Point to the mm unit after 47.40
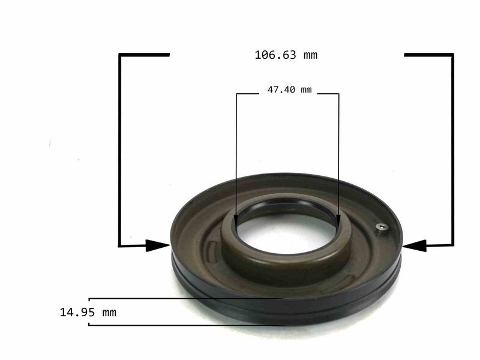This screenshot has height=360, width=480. click(305, 91)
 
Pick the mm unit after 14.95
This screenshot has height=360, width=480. click(109, 312)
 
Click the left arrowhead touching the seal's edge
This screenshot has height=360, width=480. click(158, 245)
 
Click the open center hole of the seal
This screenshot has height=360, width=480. click(287, 233)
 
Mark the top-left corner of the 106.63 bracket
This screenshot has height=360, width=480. click(120, 55)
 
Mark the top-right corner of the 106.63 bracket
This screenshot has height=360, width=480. click(452, 55)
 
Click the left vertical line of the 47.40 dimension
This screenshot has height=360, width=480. click(236, 156)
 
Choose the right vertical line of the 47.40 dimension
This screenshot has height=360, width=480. click(338, 156)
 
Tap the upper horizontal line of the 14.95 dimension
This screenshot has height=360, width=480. click(180, 298)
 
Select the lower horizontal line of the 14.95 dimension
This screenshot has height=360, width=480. click(180, 325)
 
